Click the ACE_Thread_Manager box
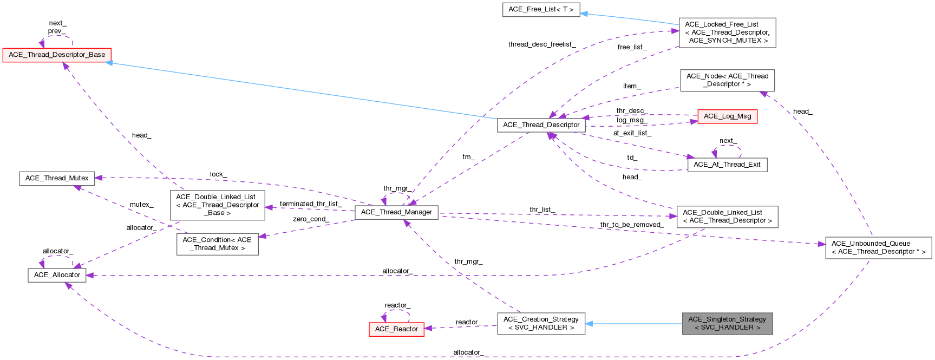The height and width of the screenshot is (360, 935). point(396,212)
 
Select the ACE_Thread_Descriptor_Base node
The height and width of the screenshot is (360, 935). point(57,55)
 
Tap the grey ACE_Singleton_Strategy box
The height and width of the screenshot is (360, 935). point(727,323)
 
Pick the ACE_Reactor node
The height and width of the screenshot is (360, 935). point(396,329)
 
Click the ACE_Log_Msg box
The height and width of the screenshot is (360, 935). point(727,116)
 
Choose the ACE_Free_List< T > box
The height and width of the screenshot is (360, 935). point(541,10)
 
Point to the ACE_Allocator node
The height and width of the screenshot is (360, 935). point(57,275)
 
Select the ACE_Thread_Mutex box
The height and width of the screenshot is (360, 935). point(57,178)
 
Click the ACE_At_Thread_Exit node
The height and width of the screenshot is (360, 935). point(727,165)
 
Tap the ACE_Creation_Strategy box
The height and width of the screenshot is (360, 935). point(541,323)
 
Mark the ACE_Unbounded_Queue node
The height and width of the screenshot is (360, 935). point(878,247)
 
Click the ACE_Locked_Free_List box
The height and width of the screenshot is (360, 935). point(727,32)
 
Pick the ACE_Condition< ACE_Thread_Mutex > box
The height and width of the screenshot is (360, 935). point(217,244)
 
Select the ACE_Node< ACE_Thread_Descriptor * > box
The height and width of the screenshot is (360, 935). point(727,80)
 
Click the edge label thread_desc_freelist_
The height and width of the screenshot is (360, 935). point(542,44)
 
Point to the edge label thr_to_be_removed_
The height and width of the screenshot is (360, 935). point(632,225)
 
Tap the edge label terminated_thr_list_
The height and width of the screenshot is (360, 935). point(310,204)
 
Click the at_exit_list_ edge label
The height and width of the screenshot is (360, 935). point(632,133)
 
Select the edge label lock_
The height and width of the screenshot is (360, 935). point(218,174)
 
